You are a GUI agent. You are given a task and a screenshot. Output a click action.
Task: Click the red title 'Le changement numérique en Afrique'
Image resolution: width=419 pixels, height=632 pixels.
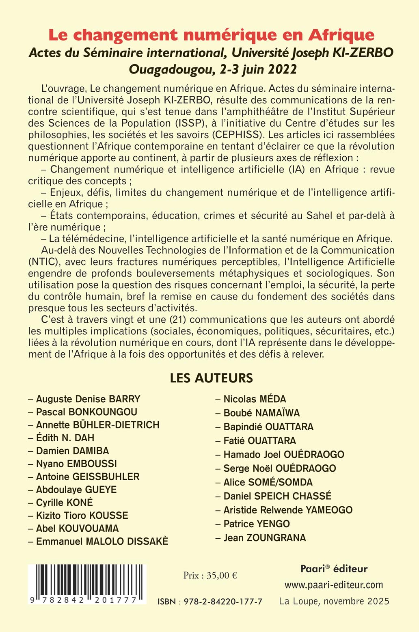[x=211, y=35]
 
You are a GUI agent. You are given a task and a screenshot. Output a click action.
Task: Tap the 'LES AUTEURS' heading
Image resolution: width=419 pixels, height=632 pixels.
[x=211, y=378]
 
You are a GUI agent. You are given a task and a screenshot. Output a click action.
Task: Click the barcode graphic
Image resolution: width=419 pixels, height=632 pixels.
[x=87, y=583]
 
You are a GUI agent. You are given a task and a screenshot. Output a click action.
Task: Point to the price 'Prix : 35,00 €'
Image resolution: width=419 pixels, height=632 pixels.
[x=210, y=575]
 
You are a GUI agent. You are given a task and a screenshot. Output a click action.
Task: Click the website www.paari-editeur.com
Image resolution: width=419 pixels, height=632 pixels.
[x=334, y=585]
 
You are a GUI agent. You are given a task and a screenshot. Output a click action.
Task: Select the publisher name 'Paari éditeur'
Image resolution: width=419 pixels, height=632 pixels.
[x=334, y=569]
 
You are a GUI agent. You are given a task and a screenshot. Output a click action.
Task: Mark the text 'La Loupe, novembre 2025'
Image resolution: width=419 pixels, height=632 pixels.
[x=334, y=601]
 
